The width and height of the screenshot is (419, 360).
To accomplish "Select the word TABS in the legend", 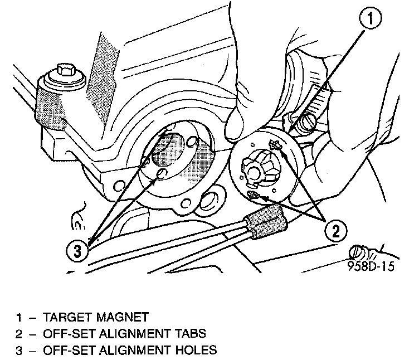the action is [x=188, y=334].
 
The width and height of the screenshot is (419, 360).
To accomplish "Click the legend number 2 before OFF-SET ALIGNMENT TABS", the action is [x=20, y=334].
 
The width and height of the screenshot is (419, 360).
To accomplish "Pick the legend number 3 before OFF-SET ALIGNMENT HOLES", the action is [x=20, y=351].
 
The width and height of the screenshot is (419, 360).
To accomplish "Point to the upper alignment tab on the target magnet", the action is [x=273, y=146].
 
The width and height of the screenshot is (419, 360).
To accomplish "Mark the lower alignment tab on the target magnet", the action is [x=253, y=194].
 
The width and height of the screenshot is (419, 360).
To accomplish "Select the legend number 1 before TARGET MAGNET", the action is [x=20, y=318].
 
